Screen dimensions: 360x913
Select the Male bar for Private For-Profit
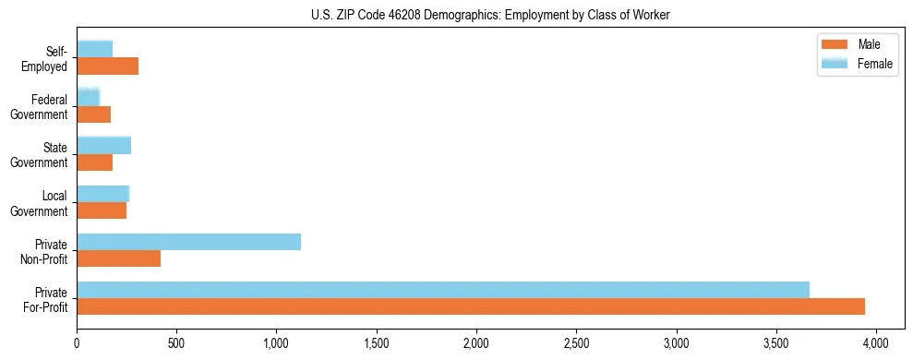pyautogui.click(x=471, y=306)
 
